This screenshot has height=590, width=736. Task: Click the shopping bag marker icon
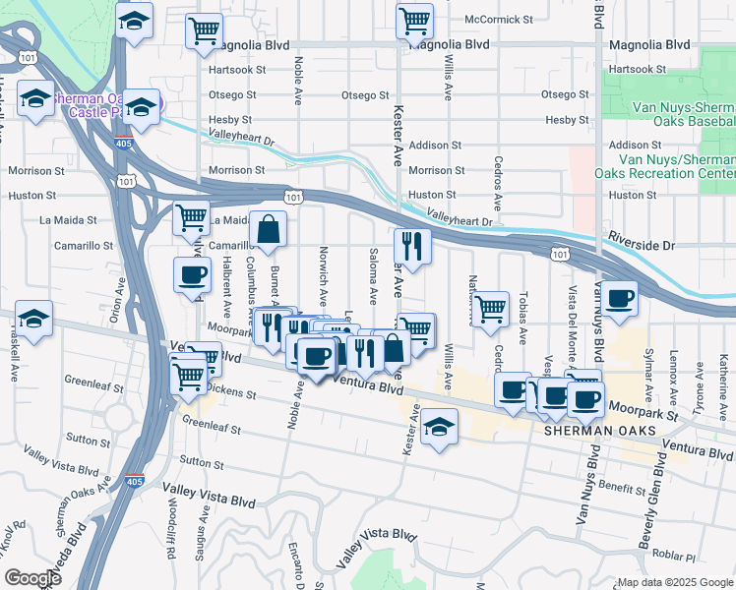coord(268,230)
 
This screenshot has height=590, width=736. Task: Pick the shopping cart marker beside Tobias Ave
coord(489,310)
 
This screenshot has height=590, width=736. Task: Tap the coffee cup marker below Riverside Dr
coord(619,299)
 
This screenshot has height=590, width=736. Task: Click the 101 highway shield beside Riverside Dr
coord(559,254)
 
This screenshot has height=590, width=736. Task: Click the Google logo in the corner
coord(32,578)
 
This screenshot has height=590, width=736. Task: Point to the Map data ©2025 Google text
coord(675,582)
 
